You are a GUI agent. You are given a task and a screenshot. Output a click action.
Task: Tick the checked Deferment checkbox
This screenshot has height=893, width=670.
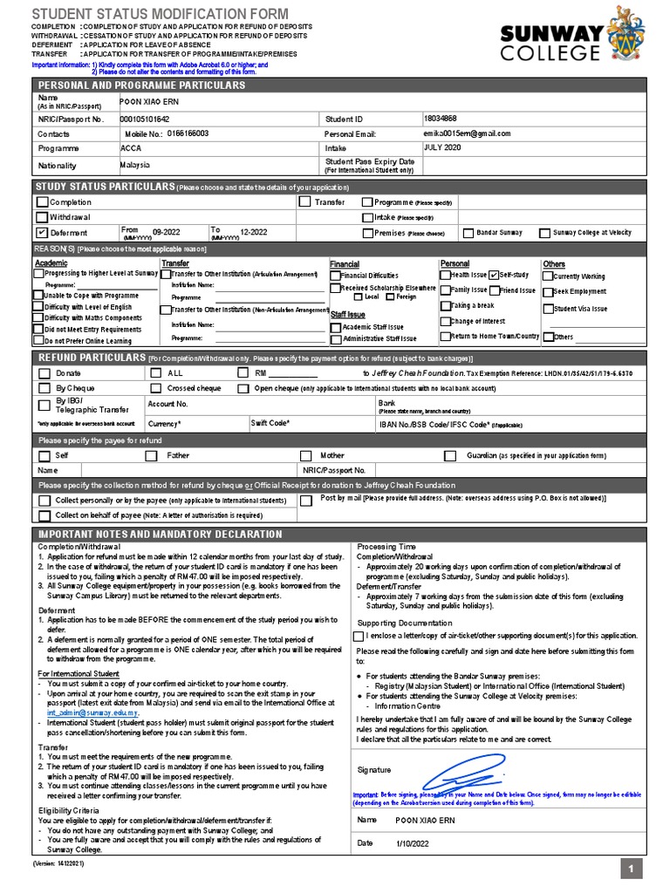point(41,233)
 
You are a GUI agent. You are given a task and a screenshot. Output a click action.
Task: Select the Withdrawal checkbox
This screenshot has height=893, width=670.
point(41,217)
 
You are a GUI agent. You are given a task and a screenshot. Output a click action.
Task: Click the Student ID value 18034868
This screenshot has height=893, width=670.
point(440,118)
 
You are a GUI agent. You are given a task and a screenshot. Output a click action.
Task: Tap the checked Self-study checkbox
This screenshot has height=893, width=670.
point(494,275)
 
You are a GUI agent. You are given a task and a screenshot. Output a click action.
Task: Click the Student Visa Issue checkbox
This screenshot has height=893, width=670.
point(548,309)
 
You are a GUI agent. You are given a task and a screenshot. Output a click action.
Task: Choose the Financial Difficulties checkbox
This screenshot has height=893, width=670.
point(335,276)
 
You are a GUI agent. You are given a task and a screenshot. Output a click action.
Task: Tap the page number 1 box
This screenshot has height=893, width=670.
point(632,868)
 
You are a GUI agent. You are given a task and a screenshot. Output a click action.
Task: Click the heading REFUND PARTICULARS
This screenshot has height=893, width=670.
point(90,358)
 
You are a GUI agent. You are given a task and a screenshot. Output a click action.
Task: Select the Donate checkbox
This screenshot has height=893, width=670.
point(44,373)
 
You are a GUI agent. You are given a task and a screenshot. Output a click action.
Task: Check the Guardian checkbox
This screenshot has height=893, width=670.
point(449,455)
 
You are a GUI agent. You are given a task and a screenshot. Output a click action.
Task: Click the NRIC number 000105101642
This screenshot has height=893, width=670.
point(145,119)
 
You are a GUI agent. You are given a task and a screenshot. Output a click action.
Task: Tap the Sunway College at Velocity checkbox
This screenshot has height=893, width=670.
point(545,233)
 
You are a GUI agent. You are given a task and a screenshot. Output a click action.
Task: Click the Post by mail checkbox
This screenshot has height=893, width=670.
point(305,501)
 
